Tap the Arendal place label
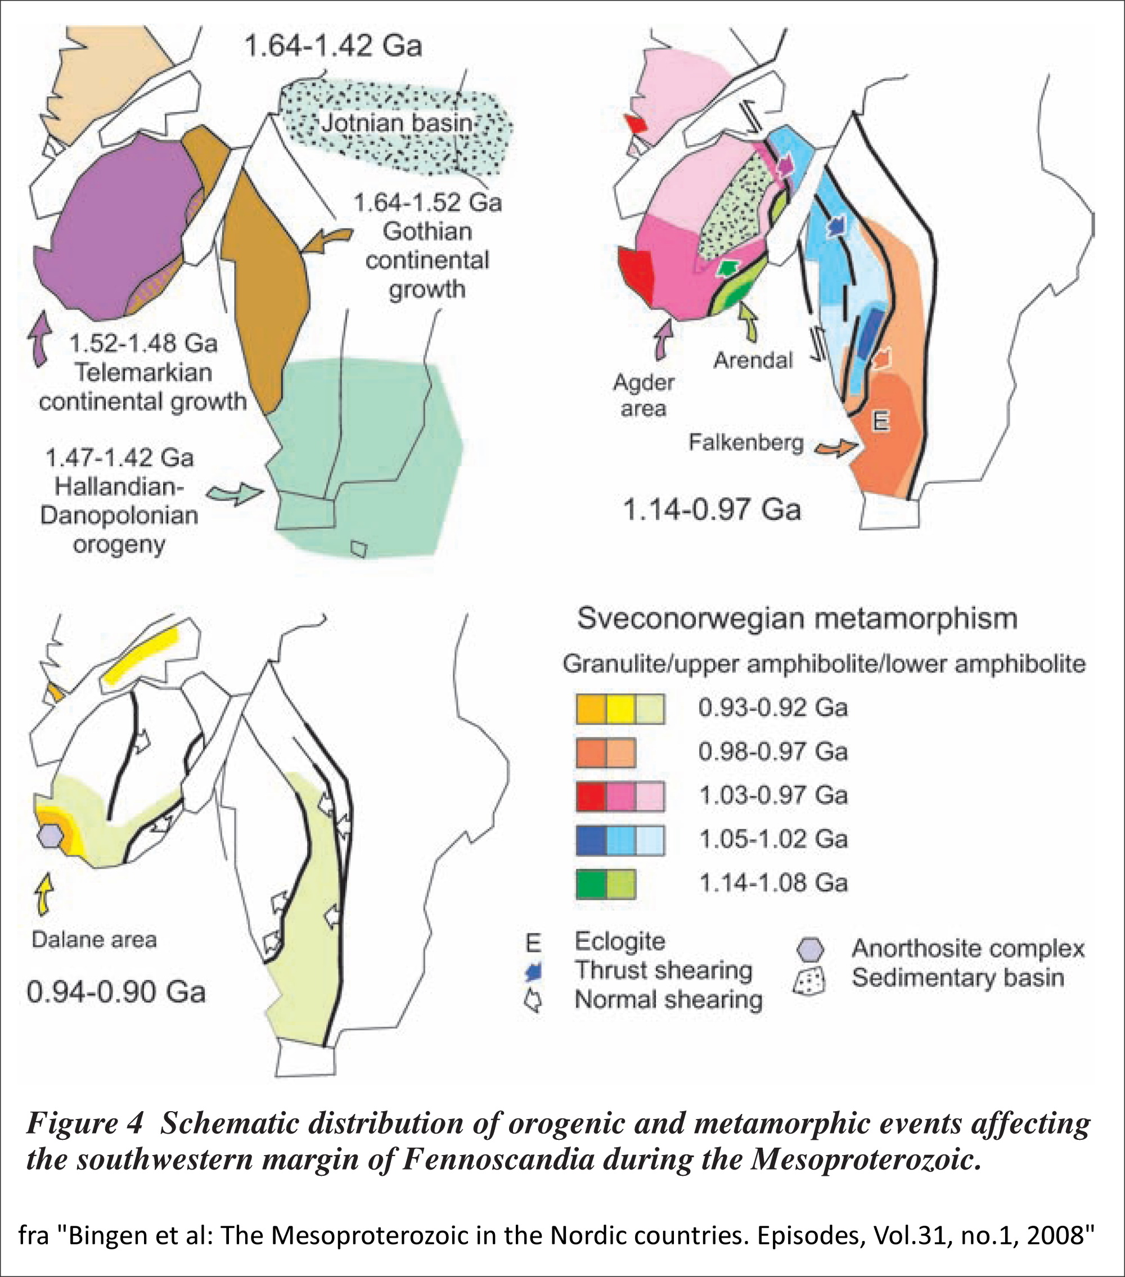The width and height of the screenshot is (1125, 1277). coord(753,360)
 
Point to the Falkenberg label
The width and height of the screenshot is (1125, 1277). coord(746,443)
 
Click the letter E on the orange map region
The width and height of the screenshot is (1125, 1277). coord(880,422)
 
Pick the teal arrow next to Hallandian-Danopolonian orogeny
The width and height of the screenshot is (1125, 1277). coord(235,494)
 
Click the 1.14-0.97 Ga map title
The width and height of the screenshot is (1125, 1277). coord(712,510)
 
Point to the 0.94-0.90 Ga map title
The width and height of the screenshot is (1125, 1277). coord(116,991)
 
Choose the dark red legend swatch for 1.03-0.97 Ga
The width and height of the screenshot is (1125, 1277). coord(591,796)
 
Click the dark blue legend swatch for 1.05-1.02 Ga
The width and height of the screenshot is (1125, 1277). coord(591,840)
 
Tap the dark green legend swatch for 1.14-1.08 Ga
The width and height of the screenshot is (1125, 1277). coord(591,883)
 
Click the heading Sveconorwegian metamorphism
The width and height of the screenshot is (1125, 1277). coord(797,619)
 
